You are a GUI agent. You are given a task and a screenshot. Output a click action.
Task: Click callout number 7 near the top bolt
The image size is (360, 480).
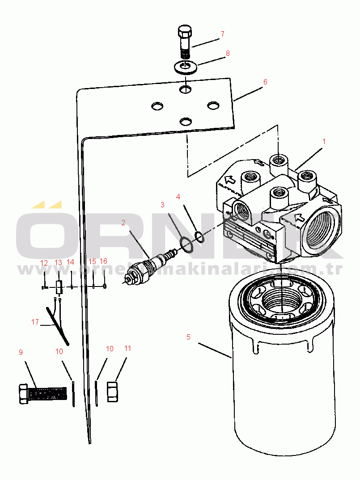click(x=223, y=34)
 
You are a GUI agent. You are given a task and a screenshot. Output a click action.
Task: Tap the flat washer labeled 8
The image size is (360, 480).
click(x=186, y=67)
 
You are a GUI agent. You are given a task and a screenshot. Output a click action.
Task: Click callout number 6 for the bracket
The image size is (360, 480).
click(x=265, y=82)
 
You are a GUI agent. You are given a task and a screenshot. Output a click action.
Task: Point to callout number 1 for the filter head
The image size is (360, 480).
click(x=324, y=141)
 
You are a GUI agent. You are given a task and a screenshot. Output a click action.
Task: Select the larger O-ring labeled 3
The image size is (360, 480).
click(x=186, y=245)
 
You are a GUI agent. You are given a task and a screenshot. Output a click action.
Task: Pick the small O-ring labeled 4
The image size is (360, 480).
click(x=199, y=236)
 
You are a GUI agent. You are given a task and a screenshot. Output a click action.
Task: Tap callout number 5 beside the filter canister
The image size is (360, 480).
click(x=188, y=337)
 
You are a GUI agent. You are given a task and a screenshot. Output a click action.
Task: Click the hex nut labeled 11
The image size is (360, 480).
click(x=112, y=392)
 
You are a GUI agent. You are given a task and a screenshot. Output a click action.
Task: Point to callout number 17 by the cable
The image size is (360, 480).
click(x=35, y=322)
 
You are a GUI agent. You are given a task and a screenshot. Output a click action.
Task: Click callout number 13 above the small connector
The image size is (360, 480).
click(x=58, y=263)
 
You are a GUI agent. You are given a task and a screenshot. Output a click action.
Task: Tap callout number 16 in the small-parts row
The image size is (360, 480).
click(x=104, y=261)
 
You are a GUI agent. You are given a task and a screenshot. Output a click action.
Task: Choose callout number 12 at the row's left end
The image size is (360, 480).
click(x=44, y=263)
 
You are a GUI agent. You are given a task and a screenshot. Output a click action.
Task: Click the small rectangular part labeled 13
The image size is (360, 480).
click(x=59, y=287)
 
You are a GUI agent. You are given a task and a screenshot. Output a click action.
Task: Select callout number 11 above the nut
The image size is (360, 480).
click(x=128, y=348)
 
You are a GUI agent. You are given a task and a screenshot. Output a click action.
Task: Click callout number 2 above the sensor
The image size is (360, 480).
click(x=123, y=223)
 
